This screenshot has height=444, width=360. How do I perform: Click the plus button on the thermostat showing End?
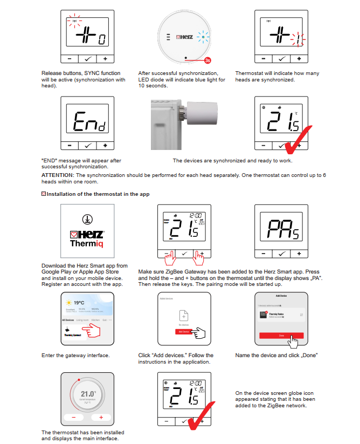pyautogui.click(x=105, y=145)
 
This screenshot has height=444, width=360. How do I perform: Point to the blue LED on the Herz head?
pyautogui.click(x=203, y=38)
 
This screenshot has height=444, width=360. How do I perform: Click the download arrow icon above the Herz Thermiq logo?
pyautogui.click(x=86, y=220)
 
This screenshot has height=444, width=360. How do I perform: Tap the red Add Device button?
pyautogui.click(x=183, y=332)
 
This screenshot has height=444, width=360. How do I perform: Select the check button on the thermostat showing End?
pyautogui.click(x=87, y=145)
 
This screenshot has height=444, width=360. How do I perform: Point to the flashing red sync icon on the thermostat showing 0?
pyautogui.click(x=73, y=23)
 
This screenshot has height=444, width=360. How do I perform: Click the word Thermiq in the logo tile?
pyautogui.click(x=86, y=243)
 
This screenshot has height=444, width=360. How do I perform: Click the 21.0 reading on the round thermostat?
pyautogui.click(x=87, y=394)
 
